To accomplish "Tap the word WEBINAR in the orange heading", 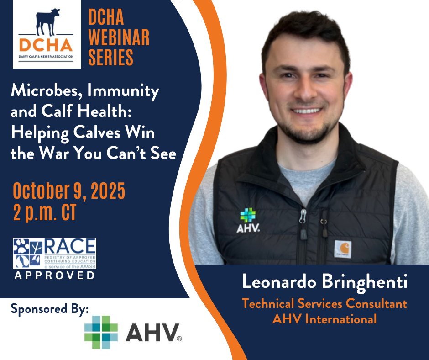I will (119, 38).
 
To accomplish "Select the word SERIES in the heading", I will (110, 58).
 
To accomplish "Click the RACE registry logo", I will (54, 253).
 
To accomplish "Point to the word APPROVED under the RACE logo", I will (54, 275).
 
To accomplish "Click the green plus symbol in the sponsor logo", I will (101, 332).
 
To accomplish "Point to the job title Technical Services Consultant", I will (324, 303).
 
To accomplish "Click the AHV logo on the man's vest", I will (248, 221).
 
